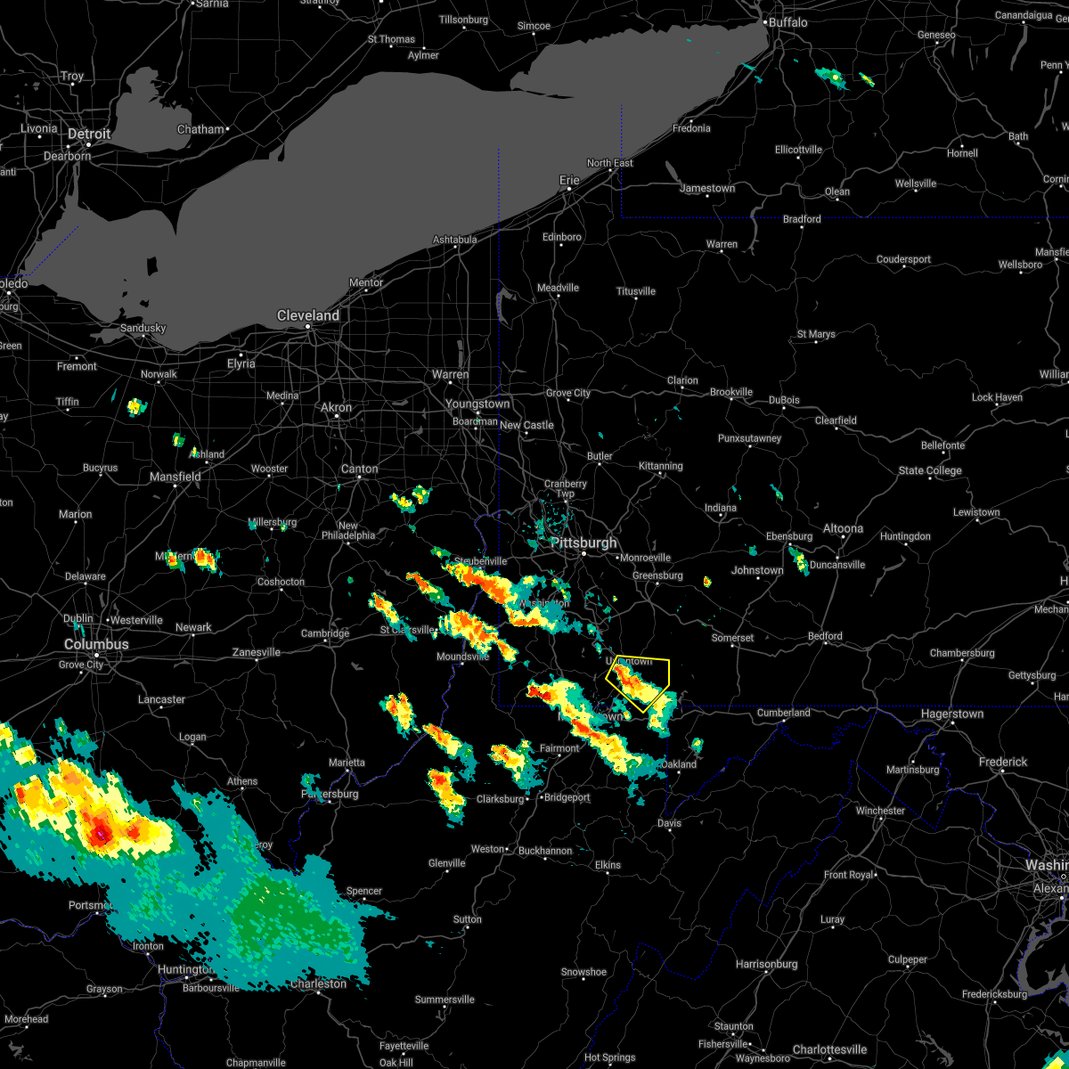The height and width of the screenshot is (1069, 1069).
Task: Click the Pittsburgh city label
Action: pos(583,543)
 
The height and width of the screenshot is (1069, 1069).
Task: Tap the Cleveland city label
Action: pos(308,316)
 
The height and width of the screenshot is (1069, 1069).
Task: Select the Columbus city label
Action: pos(96,644)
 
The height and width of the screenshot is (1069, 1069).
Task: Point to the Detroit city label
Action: pos(89,135)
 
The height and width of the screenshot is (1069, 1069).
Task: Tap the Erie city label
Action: pos(569,181)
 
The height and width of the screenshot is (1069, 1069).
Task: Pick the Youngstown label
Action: pos(478,404)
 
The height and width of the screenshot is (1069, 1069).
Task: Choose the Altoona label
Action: pos(843,528)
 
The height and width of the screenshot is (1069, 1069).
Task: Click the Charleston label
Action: pos(318,983)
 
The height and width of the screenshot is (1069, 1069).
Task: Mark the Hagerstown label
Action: pos(952,714)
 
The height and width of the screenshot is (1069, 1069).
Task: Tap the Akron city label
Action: pos(336,408)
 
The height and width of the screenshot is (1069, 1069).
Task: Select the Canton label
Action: pos(360,469)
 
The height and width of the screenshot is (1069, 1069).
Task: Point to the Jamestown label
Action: pos(707,189)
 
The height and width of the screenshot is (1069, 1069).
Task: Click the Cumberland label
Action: pos(784,713)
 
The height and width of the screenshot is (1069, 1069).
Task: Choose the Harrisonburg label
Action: pos(767,964)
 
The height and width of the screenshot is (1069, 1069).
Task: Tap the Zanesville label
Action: pos(257,653)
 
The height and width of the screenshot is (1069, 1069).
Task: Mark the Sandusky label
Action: pos(143,328)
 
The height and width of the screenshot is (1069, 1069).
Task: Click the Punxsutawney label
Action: pos(749,438)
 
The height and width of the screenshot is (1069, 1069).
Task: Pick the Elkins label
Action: pos(608,865)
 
